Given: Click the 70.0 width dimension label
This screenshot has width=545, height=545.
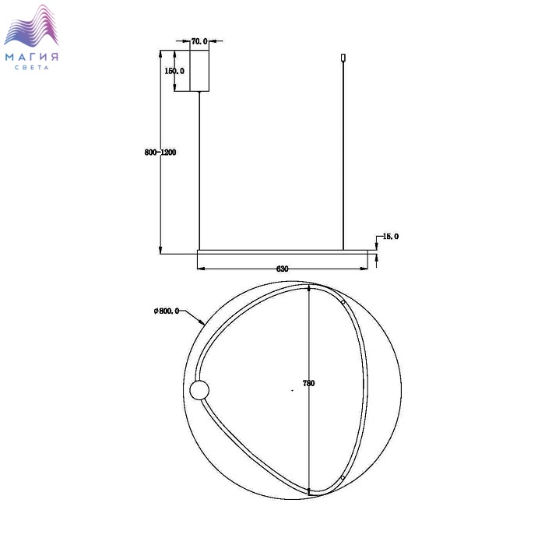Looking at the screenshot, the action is [x=199, y=41].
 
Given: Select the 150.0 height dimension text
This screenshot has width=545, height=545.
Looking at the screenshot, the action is [x=174, y=71].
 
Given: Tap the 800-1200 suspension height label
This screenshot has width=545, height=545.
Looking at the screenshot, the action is [x=160, y=153].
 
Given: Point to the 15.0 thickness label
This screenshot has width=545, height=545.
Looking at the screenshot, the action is [x=391, y=237].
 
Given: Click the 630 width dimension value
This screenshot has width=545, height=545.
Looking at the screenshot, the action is [x=282, y=269].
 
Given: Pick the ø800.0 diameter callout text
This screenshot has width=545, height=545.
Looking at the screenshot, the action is [x=167, y=311].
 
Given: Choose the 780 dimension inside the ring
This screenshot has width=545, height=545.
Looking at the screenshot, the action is [x=308, y=383].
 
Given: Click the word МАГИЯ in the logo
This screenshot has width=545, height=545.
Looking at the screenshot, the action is [x=32, y=57].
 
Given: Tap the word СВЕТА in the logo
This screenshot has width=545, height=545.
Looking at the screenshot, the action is [x=32, y=68].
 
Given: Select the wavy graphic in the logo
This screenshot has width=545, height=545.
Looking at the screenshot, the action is [x=31, y=26].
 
